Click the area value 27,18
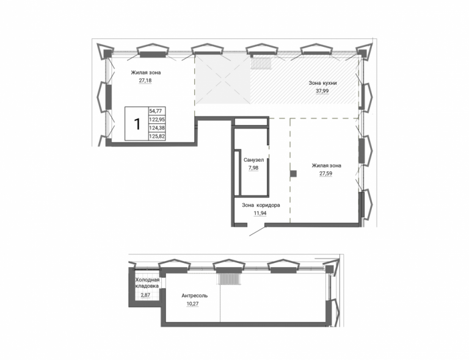(145, 81)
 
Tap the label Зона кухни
(322, 83)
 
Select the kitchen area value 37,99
(322, 91)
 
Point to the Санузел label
(253, 160)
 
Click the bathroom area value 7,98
(253, 168)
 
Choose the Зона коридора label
(261, 205)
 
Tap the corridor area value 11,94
(260, 214)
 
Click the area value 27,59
(325, 173)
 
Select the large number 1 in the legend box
(137, 124)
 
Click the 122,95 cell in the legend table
(157, 120)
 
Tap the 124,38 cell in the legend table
(157, 128)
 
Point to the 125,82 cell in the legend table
(157, 137)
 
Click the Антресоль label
(194, 296)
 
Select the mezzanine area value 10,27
(192, 304)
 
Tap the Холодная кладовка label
(147, 283)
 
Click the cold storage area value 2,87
(145, 295)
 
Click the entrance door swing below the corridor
(257, 231)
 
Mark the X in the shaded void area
(222, 79)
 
